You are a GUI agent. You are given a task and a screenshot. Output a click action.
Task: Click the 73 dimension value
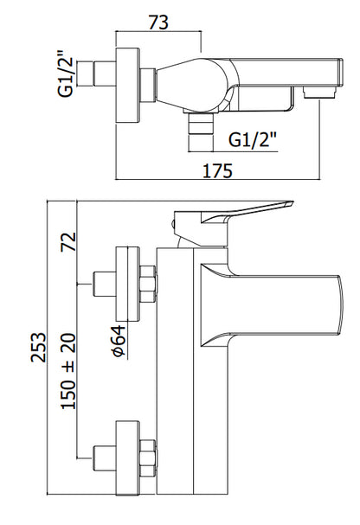tap(158, 22)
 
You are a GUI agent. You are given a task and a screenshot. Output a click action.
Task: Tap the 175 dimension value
tap(217, 170)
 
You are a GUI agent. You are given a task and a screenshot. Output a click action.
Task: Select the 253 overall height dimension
tap(39, 347)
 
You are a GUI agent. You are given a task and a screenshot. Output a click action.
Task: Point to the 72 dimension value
tap(68, 241)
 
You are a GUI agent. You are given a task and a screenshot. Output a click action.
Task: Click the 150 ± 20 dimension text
tap(68, 371)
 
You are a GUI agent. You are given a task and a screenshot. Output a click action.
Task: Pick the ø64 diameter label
tap(119, 341)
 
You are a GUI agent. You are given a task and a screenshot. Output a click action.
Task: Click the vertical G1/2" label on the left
tap(65, 74)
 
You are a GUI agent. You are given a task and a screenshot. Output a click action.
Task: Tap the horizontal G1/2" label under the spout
tap(253, 139)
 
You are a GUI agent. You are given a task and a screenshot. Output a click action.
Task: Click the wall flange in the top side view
tap(127, 86)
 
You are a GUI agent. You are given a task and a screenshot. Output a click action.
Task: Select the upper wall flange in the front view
tap(127, 285)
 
